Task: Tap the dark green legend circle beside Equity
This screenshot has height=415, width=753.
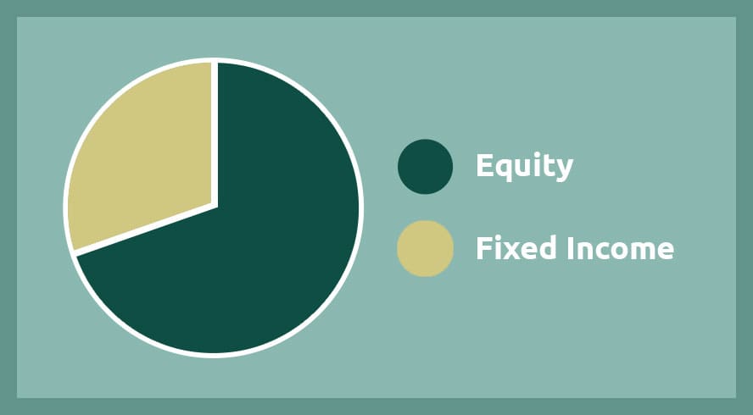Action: tap(425, 167)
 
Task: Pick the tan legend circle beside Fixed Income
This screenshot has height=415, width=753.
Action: tap(425, 248)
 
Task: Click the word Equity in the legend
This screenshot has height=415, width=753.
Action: tap(524, 167)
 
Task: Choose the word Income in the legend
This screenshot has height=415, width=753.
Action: tap(621, 248)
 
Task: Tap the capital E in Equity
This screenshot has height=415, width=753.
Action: tap(484, 165)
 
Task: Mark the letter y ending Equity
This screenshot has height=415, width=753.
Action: tap(564, 171)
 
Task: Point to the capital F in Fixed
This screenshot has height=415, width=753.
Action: tap(484, 248)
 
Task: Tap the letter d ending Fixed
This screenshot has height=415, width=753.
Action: tap(549, 247)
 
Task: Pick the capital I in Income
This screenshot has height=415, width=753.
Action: tap(570, 248)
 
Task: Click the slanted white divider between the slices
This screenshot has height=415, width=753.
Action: tap(144, 230)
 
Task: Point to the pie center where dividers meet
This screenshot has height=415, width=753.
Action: tap(215, 205)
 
